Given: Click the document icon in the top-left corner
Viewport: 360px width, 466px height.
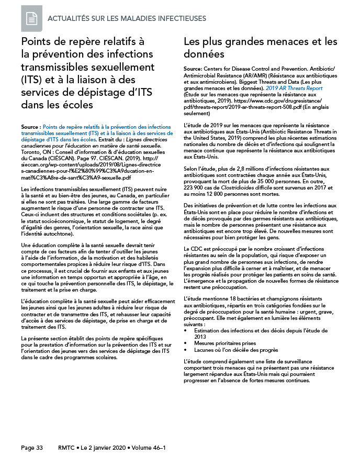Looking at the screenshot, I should click(31, 18).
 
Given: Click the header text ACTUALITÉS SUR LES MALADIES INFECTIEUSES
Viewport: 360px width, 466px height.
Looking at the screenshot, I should click(127, 19).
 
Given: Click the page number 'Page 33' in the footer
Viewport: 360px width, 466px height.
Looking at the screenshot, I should click(32, 448).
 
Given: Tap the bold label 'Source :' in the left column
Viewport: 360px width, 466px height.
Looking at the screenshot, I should click(30, 127).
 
